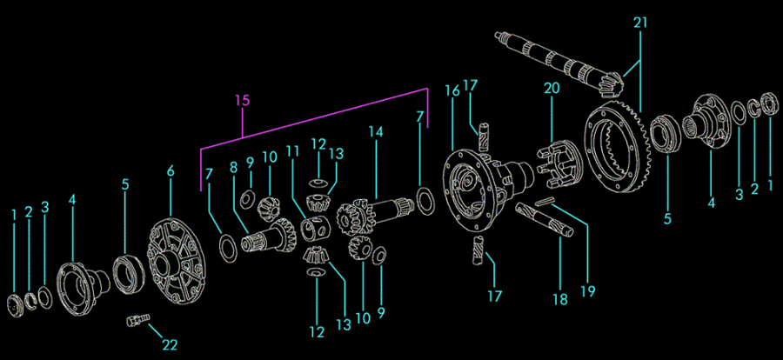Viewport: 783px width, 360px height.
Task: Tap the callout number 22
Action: coord(170,344)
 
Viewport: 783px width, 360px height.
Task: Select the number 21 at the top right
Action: coord(640,23)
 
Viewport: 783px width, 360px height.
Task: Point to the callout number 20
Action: coord(552,89)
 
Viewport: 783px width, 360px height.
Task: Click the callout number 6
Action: coord(171,171)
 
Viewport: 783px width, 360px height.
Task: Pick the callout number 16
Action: coord(452,91)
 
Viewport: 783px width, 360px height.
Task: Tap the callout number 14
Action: coord(375,132)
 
